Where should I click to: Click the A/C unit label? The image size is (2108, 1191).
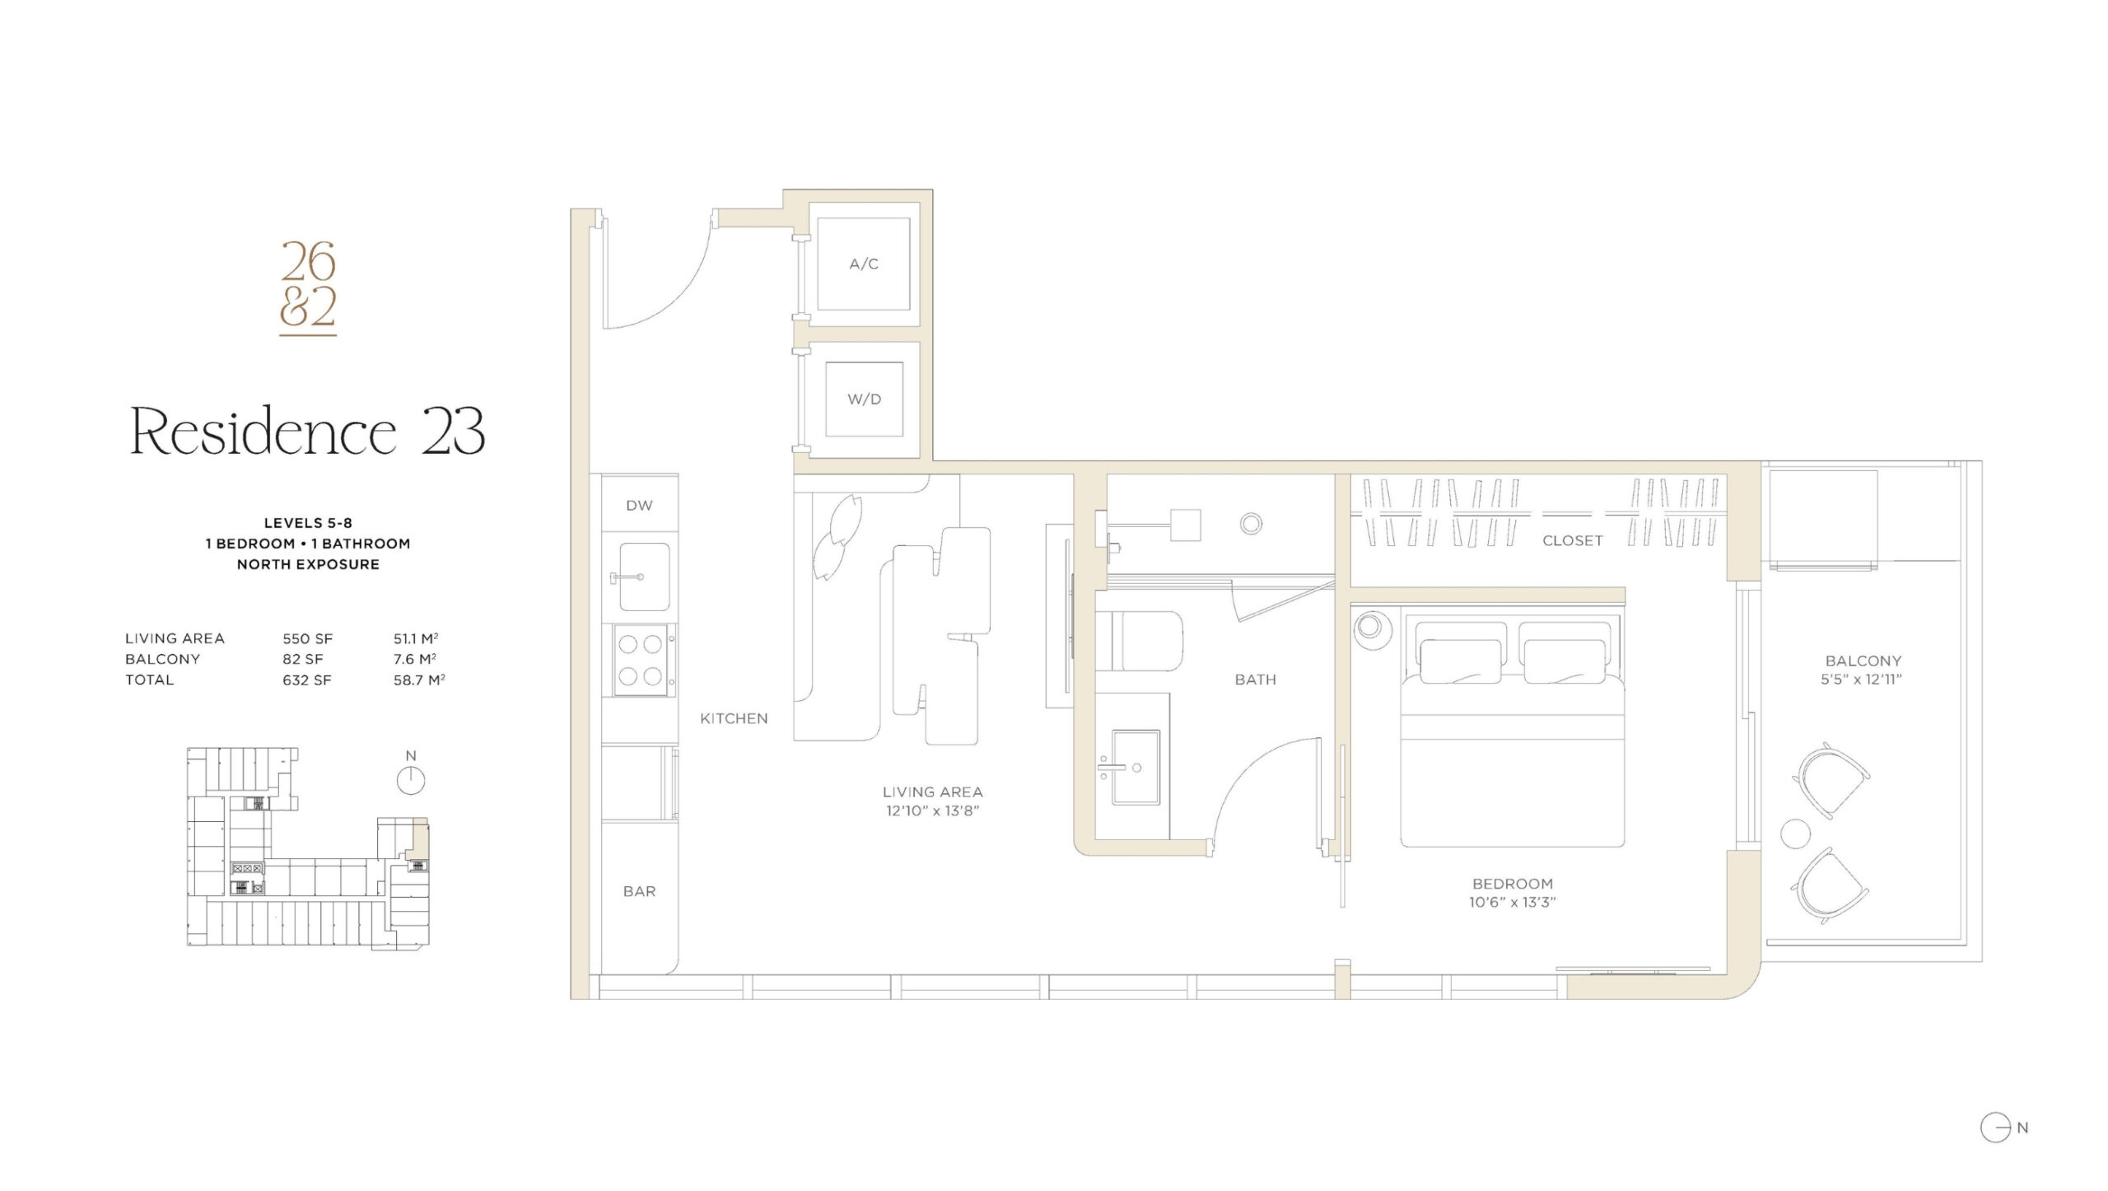(864, 264)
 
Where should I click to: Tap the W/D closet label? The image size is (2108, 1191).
(865, 399)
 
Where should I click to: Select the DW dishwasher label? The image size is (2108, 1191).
(639, 506)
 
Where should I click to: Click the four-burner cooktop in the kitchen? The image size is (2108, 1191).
(641, 660)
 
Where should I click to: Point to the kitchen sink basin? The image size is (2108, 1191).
(644, 577)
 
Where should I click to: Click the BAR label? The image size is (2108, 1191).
(640, 891)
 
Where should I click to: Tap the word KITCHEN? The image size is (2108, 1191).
(734, 718)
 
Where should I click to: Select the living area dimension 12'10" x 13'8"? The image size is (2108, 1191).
(933, 811)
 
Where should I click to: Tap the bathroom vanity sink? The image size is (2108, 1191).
(1136, 766)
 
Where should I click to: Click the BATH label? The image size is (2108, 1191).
(1256, 680)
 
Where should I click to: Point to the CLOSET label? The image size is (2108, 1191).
(1573, 540)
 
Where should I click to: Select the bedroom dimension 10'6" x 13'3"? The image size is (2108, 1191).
(1513, 902)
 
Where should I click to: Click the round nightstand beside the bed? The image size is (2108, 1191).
(1370, 627)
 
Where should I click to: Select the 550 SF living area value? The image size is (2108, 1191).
(308, 638)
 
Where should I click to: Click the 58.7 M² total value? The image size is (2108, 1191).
(419, 680)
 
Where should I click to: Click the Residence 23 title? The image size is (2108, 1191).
(308, 430)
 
